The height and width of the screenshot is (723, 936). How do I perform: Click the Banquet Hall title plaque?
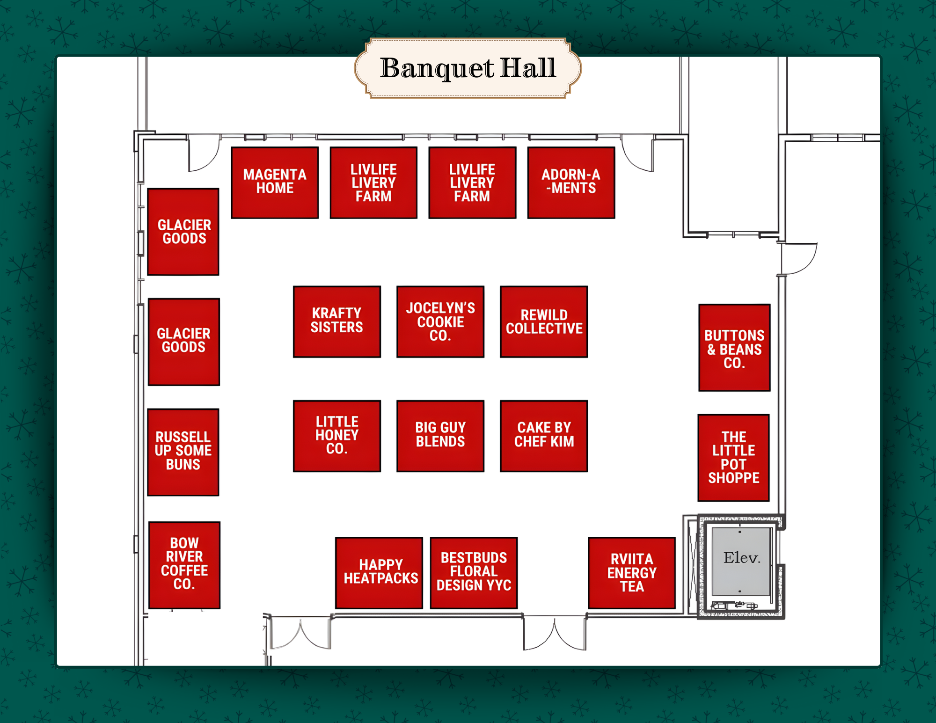468,68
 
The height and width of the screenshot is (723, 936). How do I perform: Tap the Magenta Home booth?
275,183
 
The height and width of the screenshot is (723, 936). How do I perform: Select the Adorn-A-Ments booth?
571,183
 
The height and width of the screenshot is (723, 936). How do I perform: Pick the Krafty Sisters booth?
337,321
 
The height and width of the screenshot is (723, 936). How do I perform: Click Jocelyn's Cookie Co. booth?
440,321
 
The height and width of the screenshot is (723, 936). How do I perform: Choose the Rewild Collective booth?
544,321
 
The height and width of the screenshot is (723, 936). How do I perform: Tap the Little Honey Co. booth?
337,436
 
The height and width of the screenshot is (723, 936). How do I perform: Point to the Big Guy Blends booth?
440,436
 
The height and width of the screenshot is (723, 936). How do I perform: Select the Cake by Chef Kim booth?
544,436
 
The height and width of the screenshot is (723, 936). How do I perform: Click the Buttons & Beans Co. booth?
734,348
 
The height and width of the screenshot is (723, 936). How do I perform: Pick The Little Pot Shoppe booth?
733,458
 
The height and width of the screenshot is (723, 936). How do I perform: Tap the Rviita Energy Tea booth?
632,573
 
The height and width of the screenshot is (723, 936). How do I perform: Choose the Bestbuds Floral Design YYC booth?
474,573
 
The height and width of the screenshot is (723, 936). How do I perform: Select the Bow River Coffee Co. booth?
184,565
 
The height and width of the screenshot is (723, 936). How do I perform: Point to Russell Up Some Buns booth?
183,452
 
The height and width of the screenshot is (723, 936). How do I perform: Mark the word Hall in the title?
528,68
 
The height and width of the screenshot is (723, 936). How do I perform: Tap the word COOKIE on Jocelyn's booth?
440,322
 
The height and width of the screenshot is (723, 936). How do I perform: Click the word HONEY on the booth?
337,435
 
